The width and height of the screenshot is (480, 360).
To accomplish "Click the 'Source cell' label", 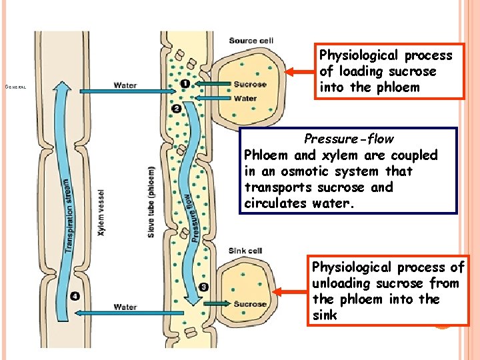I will point(251,41).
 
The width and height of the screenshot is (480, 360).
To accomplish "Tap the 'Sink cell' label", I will point(246,251).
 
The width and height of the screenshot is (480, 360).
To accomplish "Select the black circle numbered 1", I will point(184,84).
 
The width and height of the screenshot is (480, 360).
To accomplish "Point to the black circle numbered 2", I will point(177,108).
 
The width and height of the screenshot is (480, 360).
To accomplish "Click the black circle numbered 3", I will point(203,287).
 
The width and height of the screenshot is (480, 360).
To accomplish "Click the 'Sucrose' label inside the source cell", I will point(250,85).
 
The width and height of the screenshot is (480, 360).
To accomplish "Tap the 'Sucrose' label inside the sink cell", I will point(250,305).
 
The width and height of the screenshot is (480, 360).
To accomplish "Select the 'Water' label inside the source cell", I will point(245,99).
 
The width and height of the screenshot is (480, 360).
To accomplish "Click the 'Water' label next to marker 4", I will point(125,307).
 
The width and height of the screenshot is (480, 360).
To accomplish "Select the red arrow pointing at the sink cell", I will point(291,291).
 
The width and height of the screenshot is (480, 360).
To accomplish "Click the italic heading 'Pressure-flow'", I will point(349,139).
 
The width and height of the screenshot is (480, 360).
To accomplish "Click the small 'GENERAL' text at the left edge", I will point(15,87).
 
